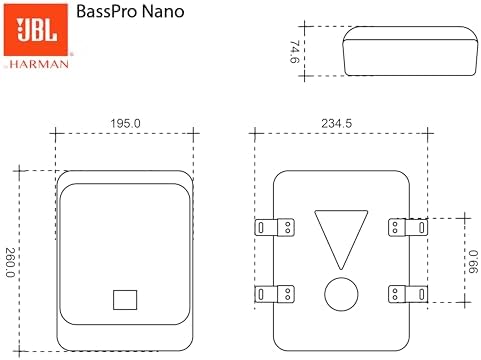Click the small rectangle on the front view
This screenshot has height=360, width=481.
click(124, 299)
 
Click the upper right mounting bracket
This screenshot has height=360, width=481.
click(408, 227)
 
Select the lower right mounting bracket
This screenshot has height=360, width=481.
click(408, 293)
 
